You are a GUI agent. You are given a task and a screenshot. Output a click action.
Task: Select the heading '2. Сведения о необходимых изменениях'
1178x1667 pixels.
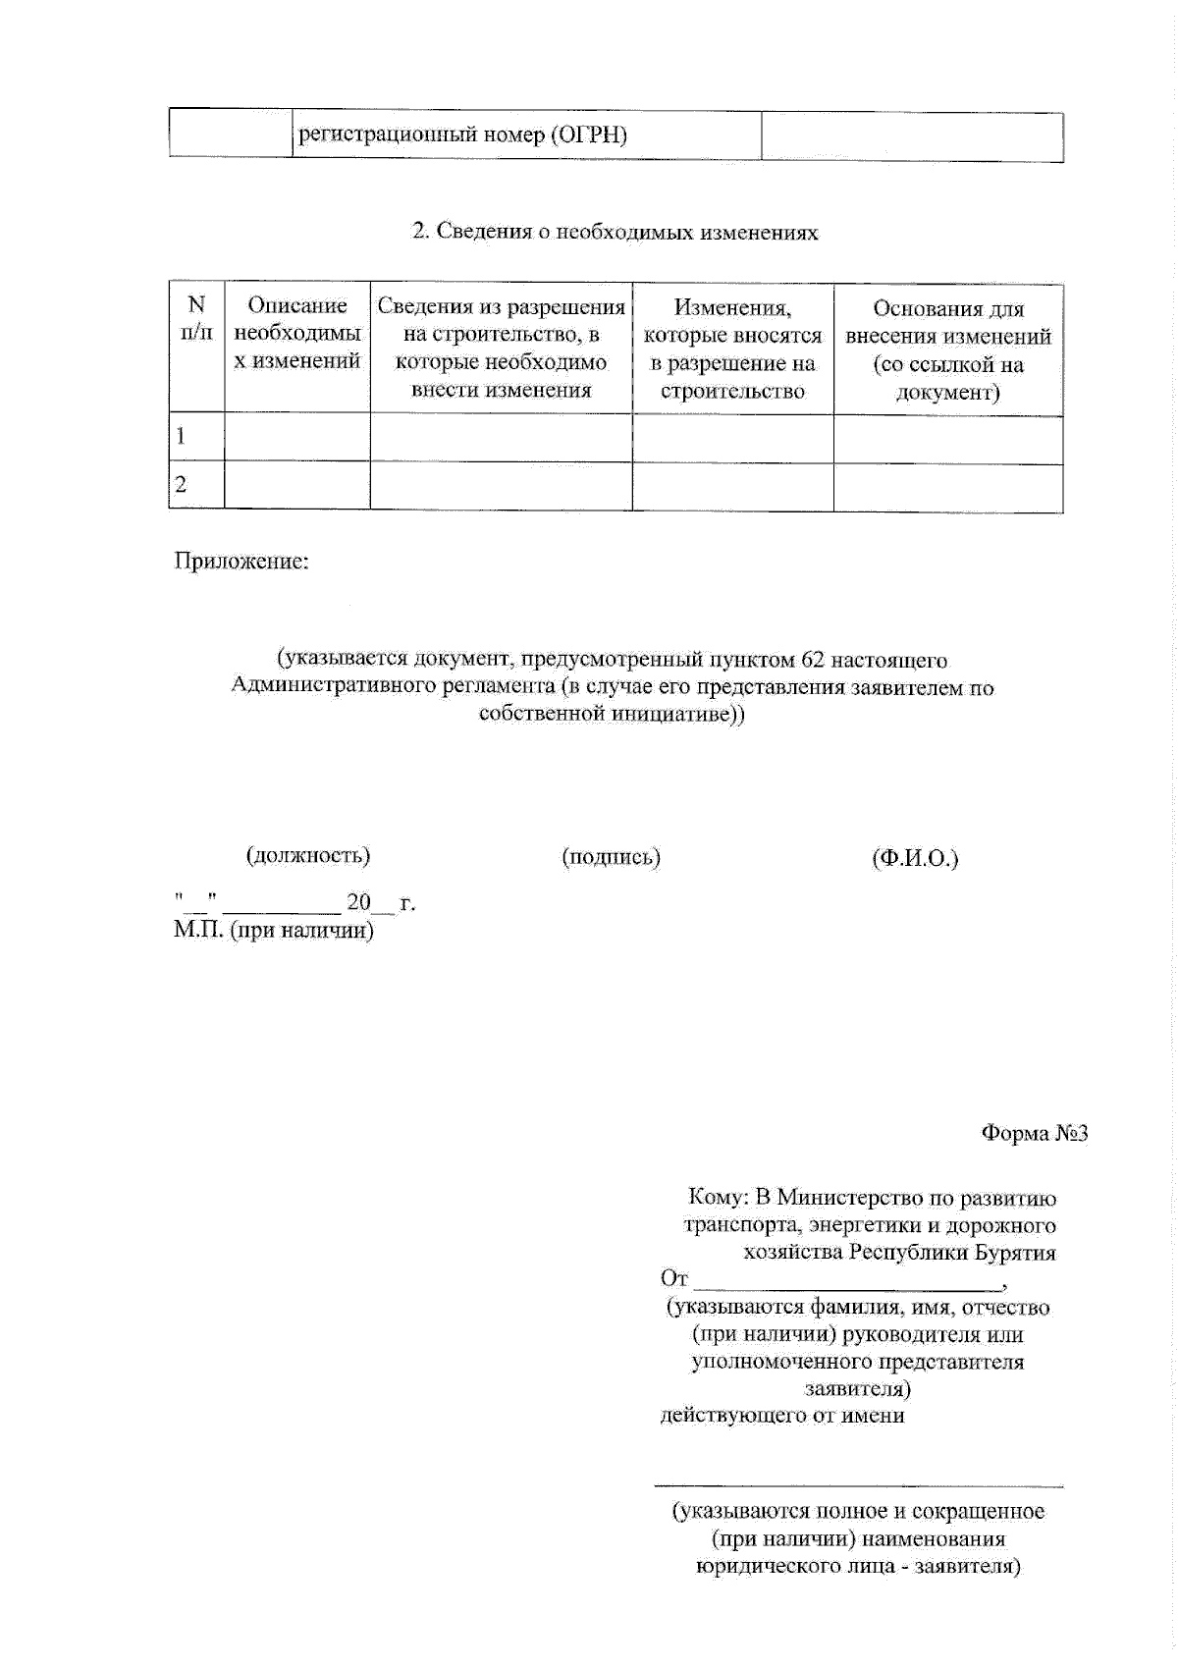615,233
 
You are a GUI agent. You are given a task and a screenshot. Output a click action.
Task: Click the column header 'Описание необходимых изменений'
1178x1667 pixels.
297,334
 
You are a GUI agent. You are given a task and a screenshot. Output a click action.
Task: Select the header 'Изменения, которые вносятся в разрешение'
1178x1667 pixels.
732,350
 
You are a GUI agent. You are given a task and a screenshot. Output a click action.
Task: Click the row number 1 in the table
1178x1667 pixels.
182,437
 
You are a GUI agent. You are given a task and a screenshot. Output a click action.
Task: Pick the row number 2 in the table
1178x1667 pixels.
182,485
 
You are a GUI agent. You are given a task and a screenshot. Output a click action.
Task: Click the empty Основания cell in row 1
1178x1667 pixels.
948,439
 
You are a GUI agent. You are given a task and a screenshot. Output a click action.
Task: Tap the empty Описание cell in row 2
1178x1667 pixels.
297,486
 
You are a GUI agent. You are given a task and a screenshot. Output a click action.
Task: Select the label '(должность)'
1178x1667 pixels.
308,855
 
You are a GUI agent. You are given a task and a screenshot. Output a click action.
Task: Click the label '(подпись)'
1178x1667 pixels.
611,857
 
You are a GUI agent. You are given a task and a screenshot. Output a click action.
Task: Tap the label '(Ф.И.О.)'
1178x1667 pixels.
915,859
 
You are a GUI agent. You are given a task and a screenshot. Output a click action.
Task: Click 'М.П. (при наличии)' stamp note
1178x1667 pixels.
274,930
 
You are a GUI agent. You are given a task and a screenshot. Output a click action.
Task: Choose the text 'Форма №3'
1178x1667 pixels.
1035,1134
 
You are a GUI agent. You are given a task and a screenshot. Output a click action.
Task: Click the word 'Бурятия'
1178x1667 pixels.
1015,1253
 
